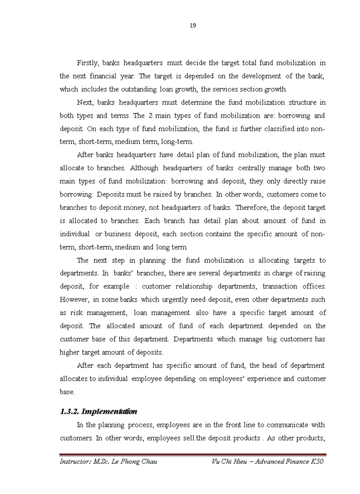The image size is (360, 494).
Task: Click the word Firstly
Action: [x=88, y=63]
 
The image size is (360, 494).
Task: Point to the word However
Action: [x=74, y=299]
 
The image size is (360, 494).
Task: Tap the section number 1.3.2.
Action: [x=69, y=411]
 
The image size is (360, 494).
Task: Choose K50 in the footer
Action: [x=317, y=462]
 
